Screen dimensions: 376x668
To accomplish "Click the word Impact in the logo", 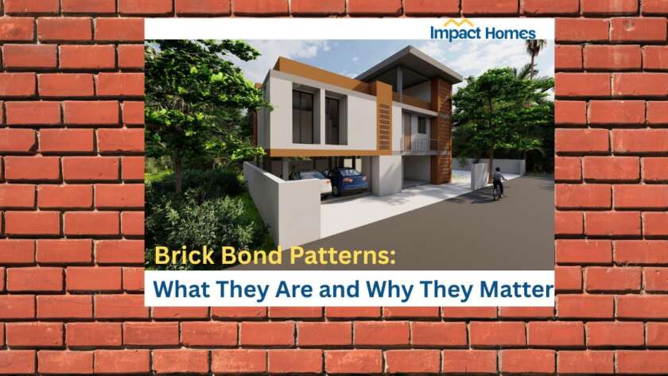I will coord(455,33).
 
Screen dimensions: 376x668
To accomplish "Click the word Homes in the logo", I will coord(509,33).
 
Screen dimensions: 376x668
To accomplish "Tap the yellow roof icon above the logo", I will coord(460,22).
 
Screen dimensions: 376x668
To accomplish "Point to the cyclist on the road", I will coord(498,182).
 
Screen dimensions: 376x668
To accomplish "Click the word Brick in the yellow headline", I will coord(181,256).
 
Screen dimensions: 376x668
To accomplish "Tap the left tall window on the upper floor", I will coord(303,116).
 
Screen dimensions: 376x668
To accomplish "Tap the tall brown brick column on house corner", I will coord(441,131).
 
